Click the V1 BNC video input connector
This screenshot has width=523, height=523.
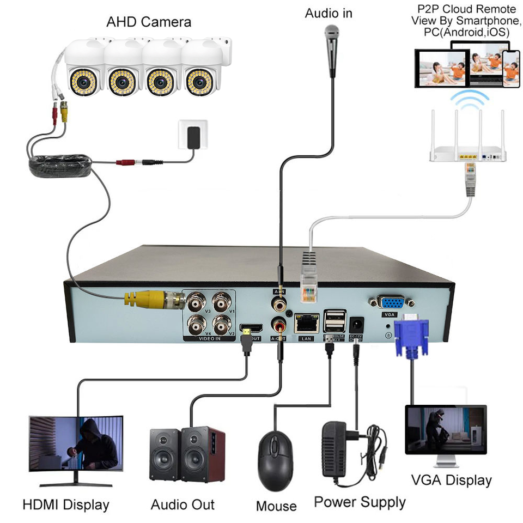(x=222, y=301)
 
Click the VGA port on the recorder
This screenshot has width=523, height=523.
(x=390, y=303)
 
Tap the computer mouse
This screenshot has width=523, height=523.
(x=277, y=460)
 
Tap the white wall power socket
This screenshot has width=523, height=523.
(x=192, y=135)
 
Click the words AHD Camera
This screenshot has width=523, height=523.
(x=148, y=22)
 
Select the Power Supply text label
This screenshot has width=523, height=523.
(x=360, y=501)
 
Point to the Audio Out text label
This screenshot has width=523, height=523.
(x=183, y=504)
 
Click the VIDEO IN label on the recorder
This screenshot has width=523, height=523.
(x=210, y=338)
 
